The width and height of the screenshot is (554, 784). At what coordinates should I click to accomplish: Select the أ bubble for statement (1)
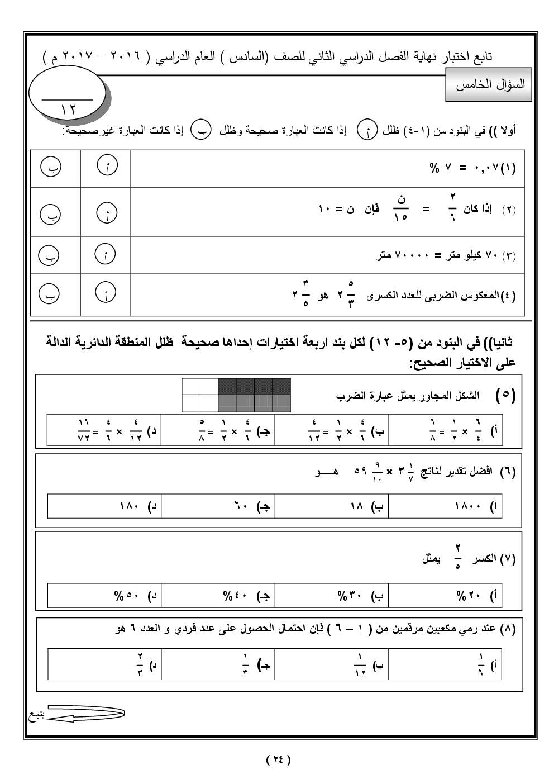point(106,167)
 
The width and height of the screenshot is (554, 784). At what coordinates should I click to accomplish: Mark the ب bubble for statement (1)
point(51,167)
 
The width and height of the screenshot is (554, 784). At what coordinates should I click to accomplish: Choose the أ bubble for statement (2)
point(106,213)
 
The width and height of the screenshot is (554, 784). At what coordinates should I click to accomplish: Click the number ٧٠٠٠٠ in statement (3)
point(411,256)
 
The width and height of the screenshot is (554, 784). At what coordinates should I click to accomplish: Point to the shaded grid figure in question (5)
point(236,395)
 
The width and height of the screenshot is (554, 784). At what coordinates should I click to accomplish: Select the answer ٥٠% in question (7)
point(127,596)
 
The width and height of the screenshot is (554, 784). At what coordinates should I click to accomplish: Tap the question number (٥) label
point(505,396)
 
